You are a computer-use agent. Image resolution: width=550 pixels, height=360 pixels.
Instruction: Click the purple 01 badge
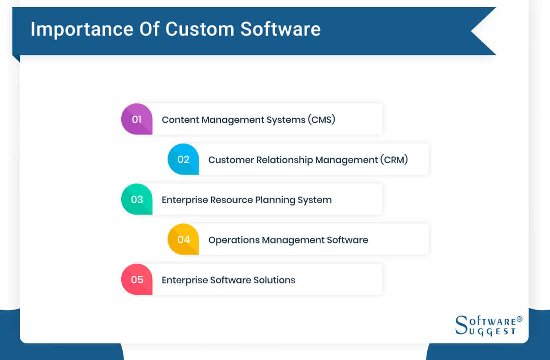pos(136,119)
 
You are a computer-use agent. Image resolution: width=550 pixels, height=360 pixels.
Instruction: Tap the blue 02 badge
pos(183,159)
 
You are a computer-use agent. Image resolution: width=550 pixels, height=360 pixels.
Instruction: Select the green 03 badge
pos(136,200)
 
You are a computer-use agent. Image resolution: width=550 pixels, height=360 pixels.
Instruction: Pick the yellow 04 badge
pos(183,239)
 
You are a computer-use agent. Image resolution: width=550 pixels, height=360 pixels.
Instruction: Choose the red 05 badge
pos(136,280)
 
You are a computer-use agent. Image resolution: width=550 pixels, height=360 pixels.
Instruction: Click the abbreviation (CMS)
pos(321,120)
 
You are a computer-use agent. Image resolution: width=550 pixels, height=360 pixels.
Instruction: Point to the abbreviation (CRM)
pos(394,160)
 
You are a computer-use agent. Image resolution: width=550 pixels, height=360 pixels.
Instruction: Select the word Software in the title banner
pos(281,29)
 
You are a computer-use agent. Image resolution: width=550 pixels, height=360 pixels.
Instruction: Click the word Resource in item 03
pos(232,200)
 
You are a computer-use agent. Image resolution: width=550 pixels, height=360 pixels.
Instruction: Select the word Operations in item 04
pos(233,240)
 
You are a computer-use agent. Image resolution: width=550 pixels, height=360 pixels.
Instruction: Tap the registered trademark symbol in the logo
pos(519,319)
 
